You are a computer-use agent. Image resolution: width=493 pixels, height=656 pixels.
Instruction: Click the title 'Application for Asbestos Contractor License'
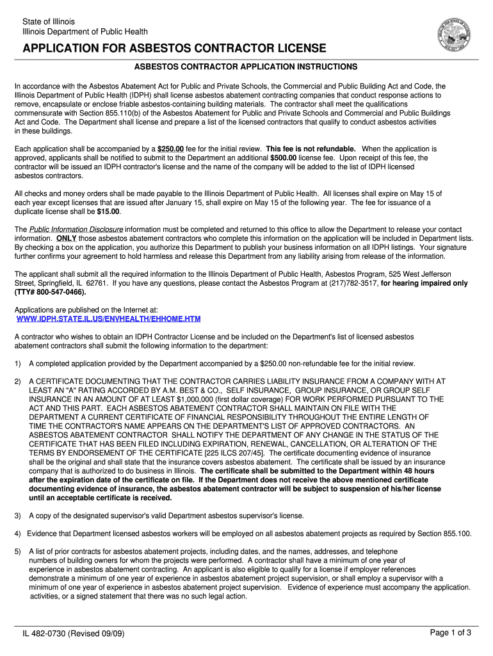[174, 49]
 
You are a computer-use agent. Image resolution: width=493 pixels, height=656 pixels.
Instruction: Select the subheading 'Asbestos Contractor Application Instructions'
[245, 67]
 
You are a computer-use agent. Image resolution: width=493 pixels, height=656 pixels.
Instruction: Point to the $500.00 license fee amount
[283, 158]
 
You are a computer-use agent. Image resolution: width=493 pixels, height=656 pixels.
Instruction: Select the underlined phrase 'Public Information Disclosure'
[76, 229]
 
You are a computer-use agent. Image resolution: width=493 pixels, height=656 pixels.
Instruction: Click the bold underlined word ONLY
[66, 238]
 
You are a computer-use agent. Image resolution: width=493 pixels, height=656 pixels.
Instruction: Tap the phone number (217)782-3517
[357, 283]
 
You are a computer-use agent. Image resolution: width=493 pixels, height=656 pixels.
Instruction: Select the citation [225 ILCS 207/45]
[219, 453]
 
